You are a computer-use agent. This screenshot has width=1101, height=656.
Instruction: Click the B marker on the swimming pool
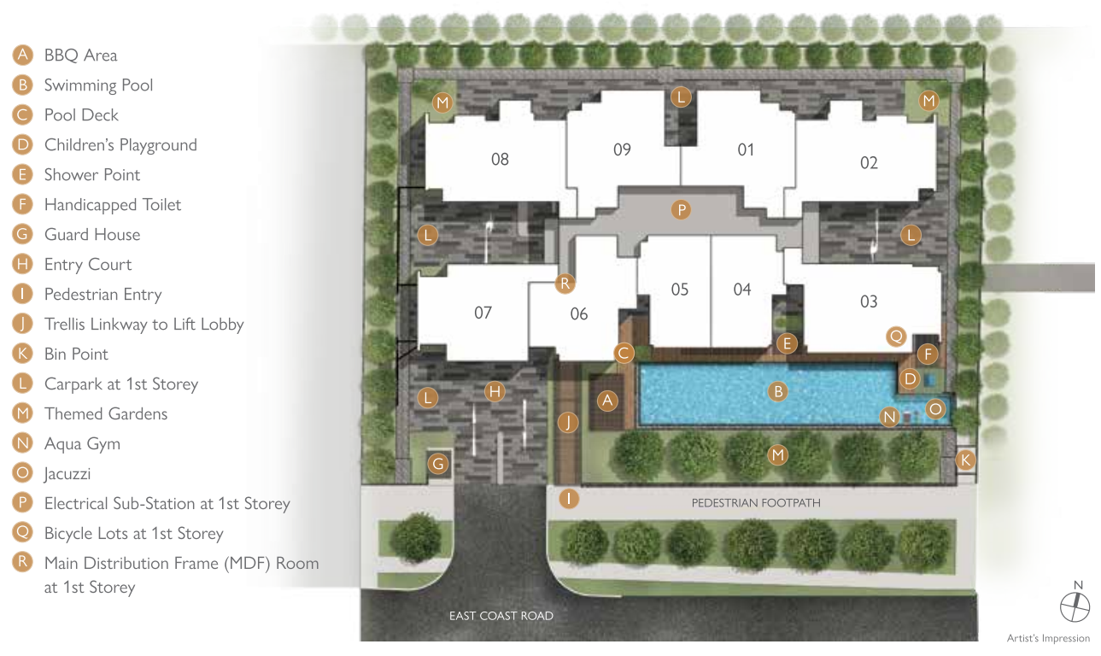778,391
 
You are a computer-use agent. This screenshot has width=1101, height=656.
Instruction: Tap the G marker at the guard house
438,463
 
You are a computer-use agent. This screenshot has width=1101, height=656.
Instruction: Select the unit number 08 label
500,159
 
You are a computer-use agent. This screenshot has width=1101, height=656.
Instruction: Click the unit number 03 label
869,302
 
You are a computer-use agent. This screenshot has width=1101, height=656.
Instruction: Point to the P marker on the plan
682,210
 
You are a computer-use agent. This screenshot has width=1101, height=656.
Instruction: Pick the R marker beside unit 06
565,283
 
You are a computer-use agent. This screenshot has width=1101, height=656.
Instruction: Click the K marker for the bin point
965,460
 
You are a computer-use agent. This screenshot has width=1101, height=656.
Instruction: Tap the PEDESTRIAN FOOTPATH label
756,503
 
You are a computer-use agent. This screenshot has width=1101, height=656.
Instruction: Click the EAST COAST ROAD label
501,616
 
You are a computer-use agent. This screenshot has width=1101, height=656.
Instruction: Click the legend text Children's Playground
120,145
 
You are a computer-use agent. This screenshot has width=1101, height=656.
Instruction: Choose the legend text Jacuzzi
67,474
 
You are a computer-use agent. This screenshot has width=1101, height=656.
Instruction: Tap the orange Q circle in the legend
22,532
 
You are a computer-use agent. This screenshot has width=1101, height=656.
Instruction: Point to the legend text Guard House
92,234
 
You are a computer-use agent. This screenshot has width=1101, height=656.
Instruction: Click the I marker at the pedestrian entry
569,499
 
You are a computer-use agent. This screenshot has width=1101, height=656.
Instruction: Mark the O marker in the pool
934,409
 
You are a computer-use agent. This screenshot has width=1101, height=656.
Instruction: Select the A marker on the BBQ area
607,401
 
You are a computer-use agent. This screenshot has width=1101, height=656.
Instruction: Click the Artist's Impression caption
1048,638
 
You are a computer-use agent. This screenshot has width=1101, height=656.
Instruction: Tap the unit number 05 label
680,290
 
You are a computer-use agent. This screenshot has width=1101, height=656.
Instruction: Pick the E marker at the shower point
787,343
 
